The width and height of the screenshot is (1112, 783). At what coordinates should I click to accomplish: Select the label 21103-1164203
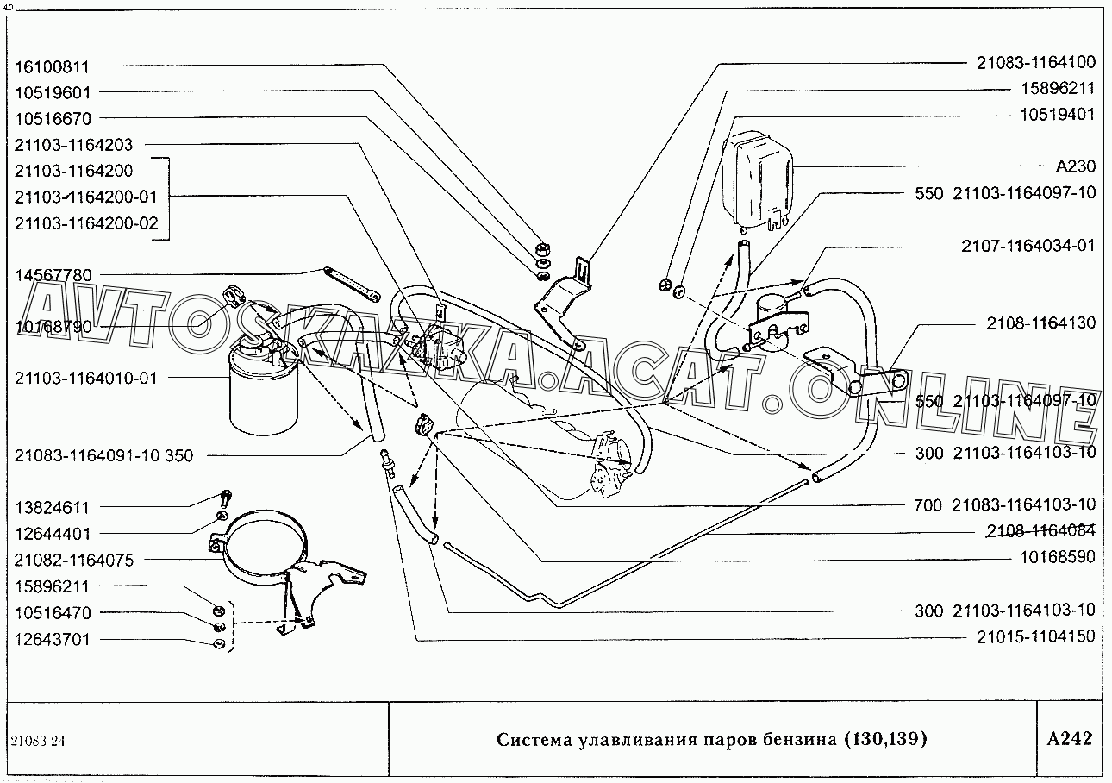coord(74,145)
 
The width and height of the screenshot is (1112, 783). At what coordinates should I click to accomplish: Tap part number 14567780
coord(53,275)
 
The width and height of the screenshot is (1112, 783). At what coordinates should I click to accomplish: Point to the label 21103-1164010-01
coord(86,378)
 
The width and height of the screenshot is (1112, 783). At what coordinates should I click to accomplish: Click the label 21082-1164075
coord(74,561)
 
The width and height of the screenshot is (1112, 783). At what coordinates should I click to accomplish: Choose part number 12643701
coord(53,640)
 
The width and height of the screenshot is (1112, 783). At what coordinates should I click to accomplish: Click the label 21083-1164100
coord(1036,62)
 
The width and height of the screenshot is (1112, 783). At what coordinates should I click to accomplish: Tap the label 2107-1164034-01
coord(1028,246)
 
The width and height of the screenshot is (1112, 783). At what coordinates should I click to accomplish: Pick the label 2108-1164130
coord(1041,323)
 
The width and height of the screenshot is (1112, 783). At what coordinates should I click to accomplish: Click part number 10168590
coord(1058,557)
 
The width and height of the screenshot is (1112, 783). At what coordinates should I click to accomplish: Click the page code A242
coord(1069,739)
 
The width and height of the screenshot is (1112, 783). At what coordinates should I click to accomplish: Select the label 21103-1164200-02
coord(86,223)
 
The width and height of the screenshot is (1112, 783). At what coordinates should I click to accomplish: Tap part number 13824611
coord(53,508)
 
